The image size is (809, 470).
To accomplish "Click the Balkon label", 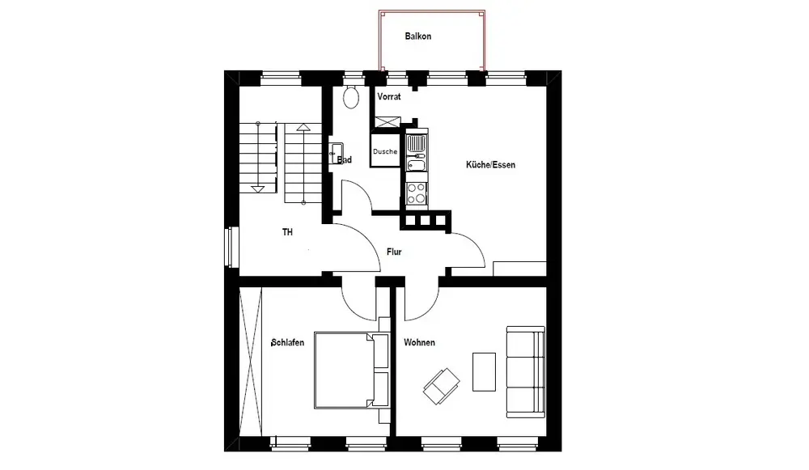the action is tap(418, 36).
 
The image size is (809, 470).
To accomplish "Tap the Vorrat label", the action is tap(389, 96).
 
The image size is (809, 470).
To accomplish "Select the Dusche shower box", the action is tap(385, 150).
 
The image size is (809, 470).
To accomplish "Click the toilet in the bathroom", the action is tap(351, 97).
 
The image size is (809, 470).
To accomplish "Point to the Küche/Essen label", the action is tap(491, 165).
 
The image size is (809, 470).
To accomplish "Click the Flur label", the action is tap(394, 252).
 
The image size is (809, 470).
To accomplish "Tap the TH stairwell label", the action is tap(287, 232).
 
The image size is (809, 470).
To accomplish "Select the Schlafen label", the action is tap(287, 342).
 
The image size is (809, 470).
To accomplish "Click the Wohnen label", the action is tap(419, 342).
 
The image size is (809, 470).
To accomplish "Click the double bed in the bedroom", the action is tap(351, 370).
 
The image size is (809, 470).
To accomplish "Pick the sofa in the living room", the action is tap(526, 371).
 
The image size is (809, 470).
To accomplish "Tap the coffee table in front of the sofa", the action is tap(484, 371).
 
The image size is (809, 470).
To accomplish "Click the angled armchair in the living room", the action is tap(442, 386).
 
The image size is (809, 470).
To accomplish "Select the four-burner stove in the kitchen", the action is tap(417, 193).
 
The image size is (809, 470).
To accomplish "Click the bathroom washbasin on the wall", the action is tap(336, 153).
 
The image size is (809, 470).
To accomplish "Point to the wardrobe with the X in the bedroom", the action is tap(251, 362).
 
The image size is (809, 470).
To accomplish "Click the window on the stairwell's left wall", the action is tap(231, 247).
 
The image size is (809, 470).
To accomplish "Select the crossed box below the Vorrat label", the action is tap(388, 122).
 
